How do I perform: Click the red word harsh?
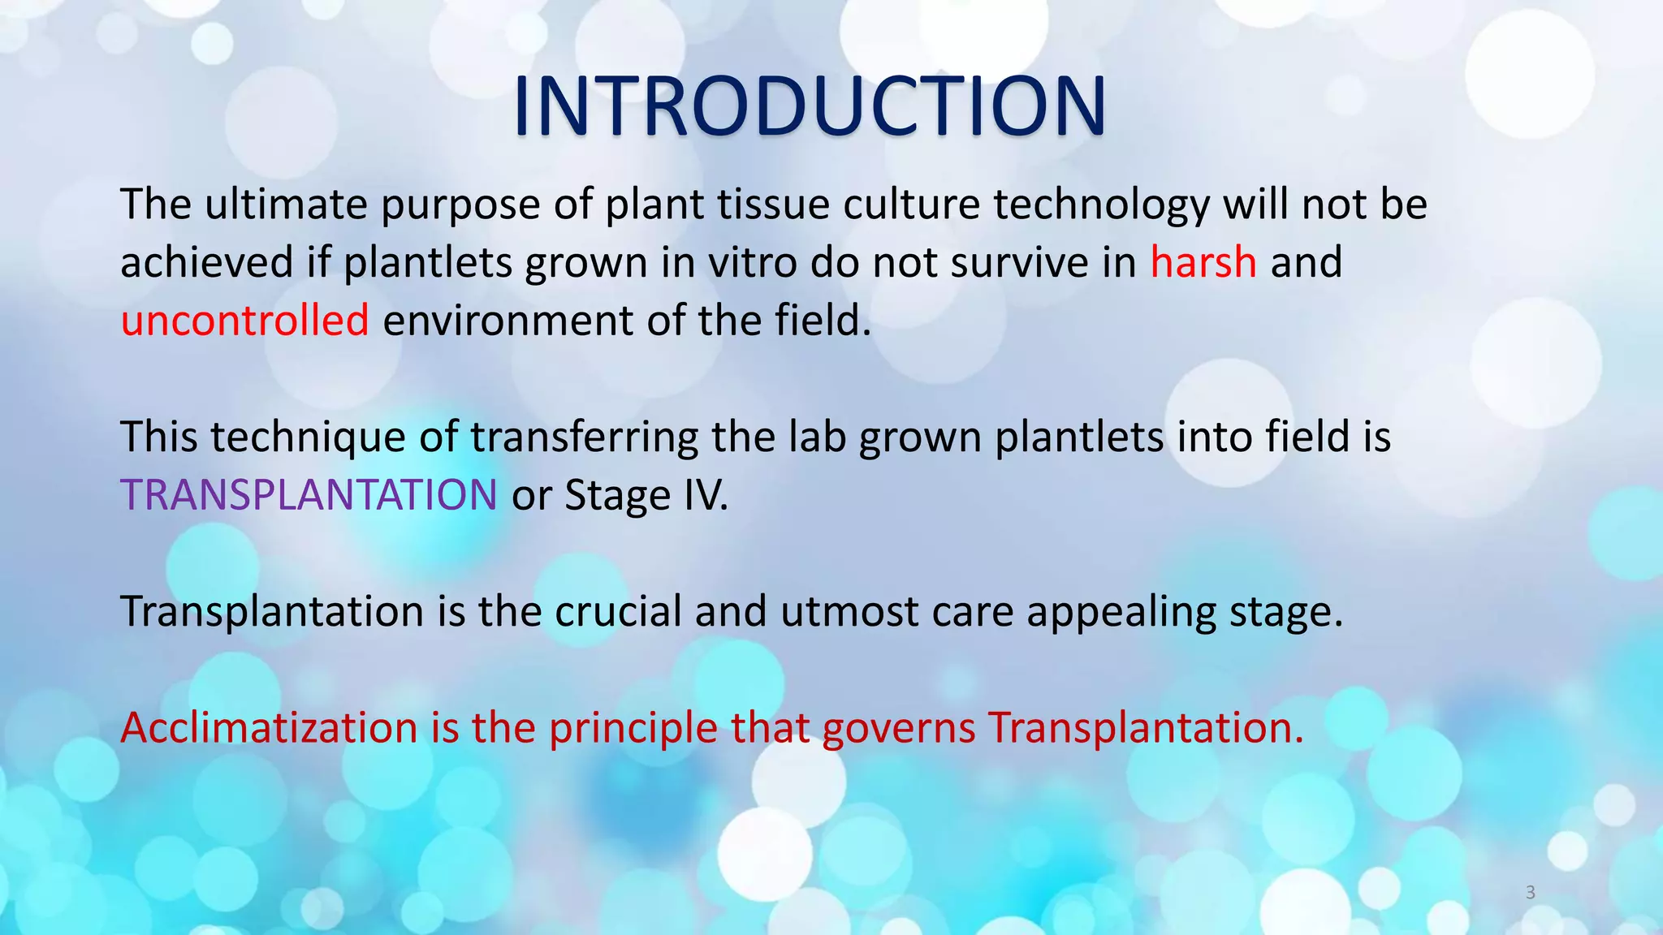click(1203, 263)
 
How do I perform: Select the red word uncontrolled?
click(245, 321)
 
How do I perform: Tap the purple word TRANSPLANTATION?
click(309, 495)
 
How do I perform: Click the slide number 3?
click(1531, 893)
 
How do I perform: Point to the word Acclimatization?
click(269, 728)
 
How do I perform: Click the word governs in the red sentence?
click(899, 728)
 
